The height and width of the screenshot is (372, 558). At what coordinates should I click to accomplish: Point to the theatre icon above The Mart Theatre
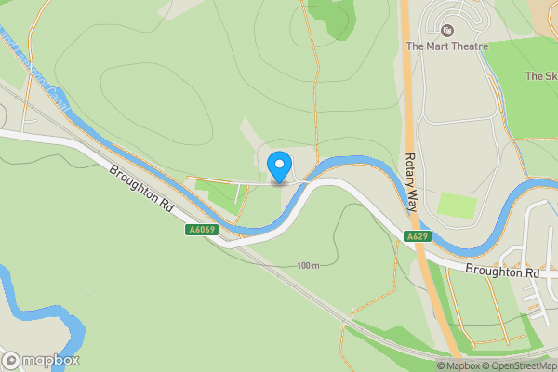coord(447,30)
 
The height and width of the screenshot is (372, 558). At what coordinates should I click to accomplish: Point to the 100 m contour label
coord(308,266)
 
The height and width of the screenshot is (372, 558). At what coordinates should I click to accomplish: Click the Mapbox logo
coord(41,360)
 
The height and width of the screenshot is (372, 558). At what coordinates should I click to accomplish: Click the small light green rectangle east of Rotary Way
coord(457,205)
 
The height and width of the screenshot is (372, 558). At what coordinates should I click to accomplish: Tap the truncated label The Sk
coord(539,76)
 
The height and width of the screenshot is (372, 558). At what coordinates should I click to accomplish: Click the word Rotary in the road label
coord(410,196)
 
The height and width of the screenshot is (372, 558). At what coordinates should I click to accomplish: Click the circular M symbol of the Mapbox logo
coord(12,360)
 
